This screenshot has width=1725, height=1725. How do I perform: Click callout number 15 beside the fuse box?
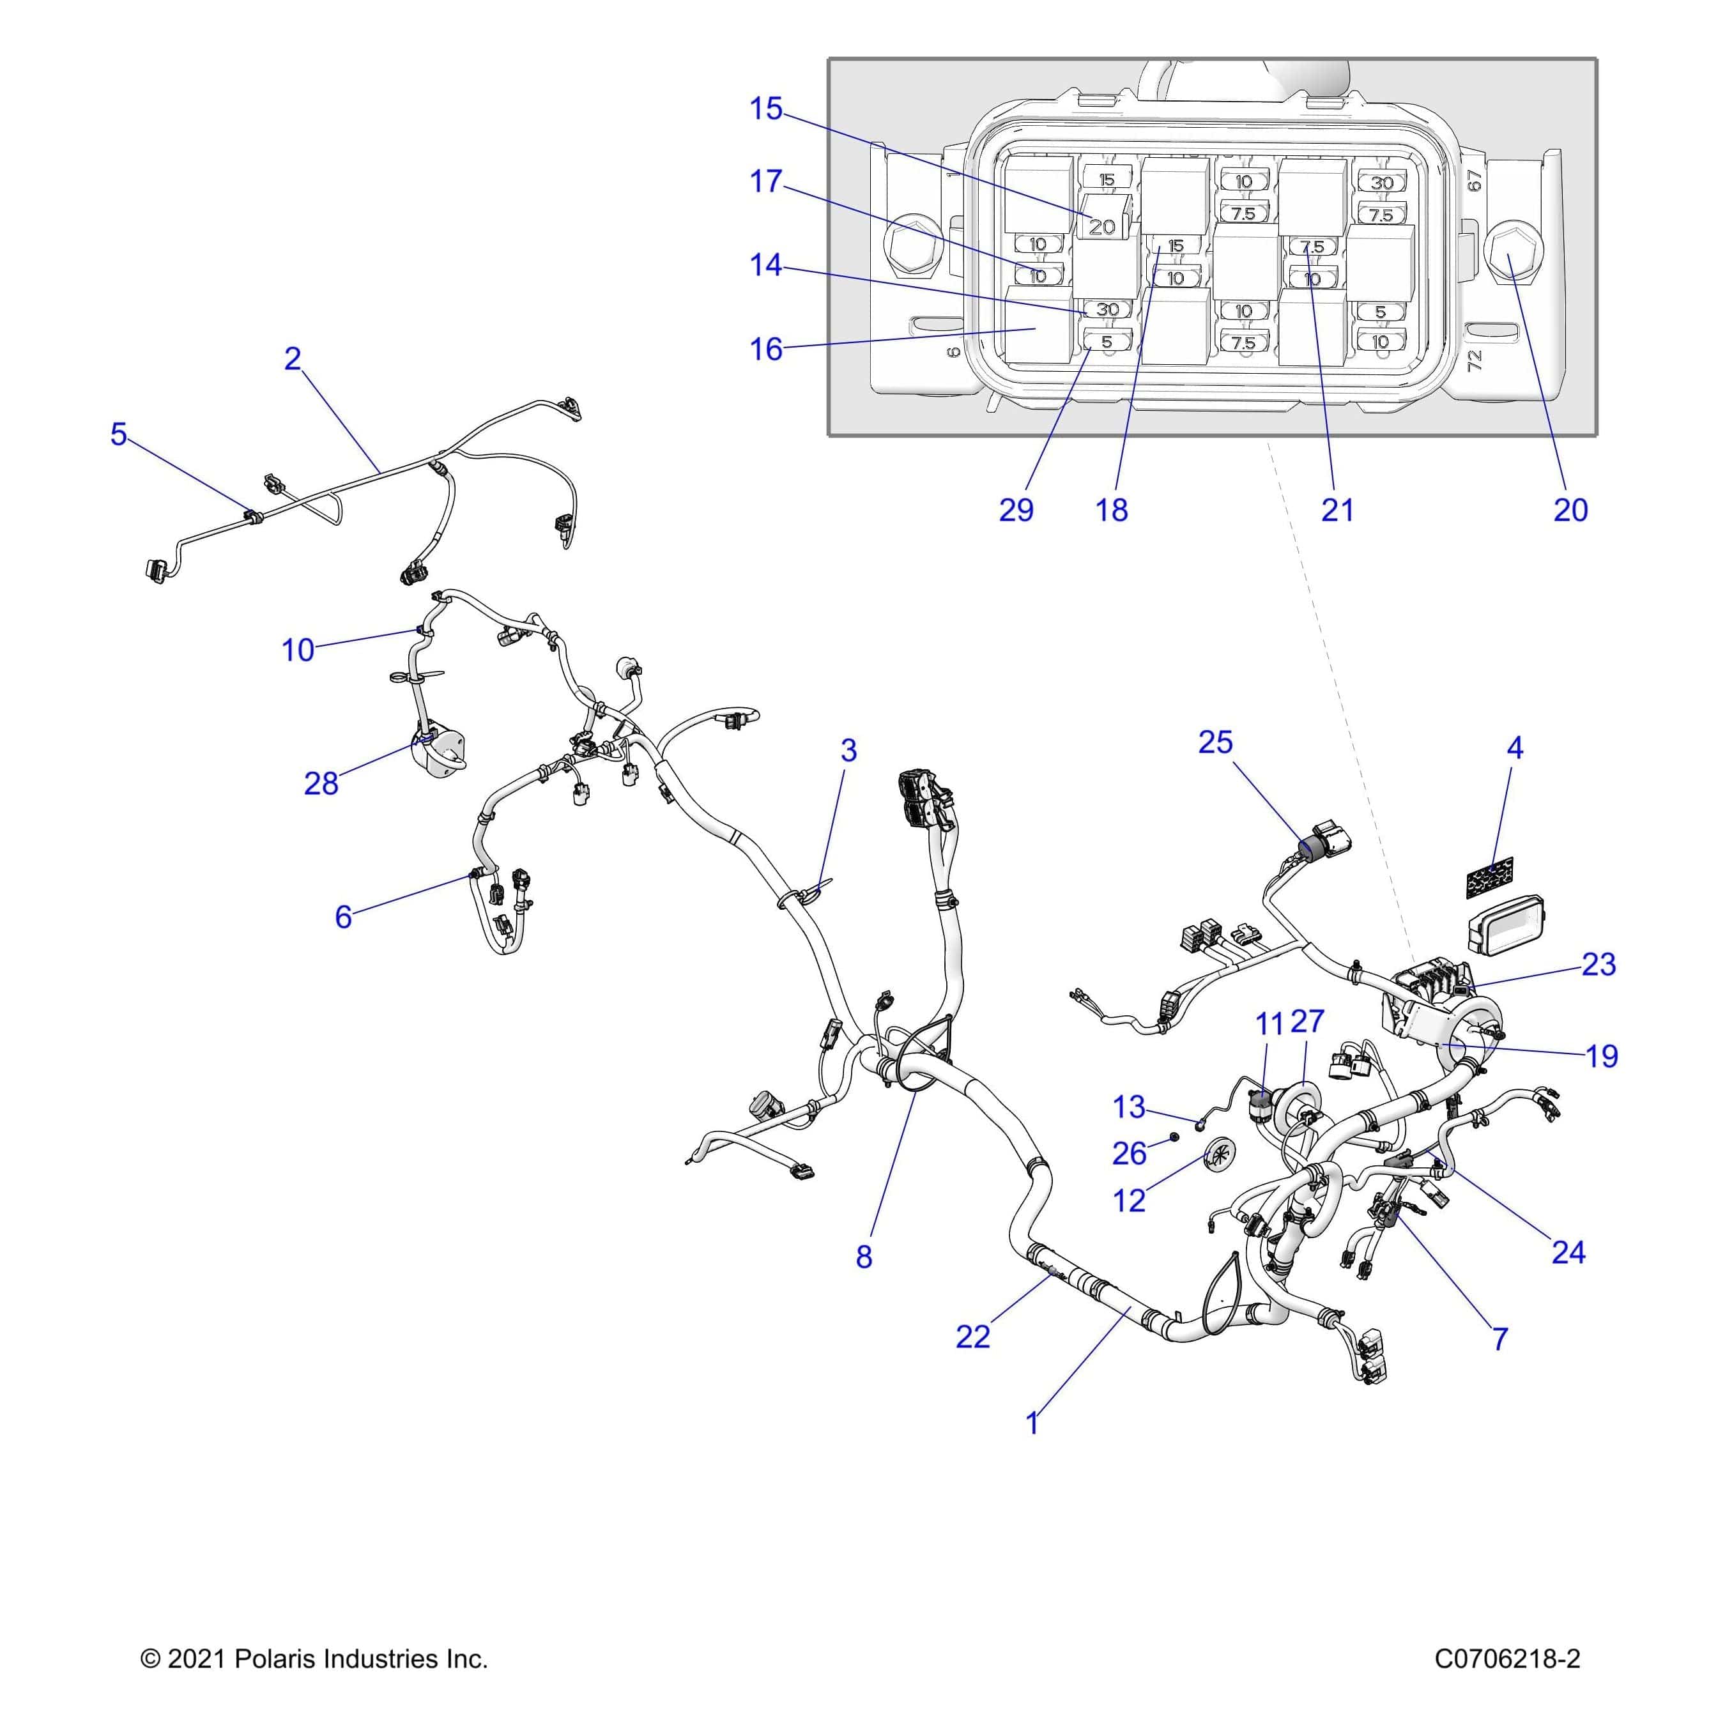765,109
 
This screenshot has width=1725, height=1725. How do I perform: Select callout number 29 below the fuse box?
1015,510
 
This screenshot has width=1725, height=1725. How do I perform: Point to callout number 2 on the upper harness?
293,359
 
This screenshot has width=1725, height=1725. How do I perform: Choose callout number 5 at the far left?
119,435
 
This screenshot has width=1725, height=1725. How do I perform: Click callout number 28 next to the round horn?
321,783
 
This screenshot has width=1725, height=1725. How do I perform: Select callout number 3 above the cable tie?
848,750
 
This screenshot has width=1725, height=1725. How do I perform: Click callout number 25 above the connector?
1215,742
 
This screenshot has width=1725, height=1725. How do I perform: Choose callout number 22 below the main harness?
972,1337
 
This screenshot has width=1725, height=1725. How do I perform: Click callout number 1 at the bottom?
1032,1423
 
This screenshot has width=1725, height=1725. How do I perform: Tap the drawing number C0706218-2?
1507,1659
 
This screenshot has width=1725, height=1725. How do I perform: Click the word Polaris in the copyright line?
276,1659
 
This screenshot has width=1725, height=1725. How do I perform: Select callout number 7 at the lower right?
1500,1338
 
